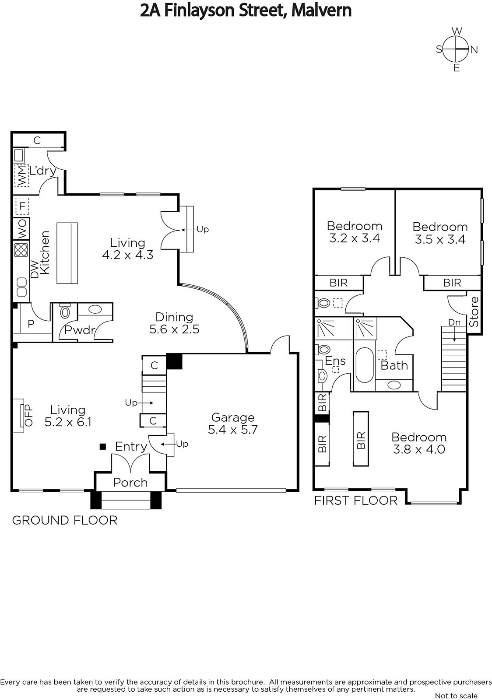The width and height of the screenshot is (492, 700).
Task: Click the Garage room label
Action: [x=233, y=417]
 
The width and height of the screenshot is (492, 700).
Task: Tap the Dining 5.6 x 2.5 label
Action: [x=174, y=323]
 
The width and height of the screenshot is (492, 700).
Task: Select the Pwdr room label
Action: [x=79, y=330]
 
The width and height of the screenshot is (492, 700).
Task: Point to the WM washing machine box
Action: [x=21, y=175]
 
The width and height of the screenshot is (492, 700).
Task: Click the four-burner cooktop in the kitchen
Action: [x=21, y=250]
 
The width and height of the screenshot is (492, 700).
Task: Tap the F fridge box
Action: [x=22, y=206]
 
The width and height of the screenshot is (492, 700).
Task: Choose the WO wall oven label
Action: [x=22, y=229]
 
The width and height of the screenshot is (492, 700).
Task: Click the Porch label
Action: [x=130, y=483]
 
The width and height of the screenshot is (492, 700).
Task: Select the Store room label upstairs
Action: [x=474, y=312]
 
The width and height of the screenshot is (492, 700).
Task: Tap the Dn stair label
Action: [x=454, y=322]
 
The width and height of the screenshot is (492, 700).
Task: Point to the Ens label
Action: [x=335, y=361]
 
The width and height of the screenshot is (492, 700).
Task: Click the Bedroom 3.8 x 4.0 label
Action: [x=419, y=443]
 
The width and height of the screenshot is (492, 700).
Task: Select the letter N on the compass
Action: [x=474, y=50]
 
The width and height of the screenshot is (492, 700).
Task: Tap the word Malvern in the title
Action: [x=322, y=10]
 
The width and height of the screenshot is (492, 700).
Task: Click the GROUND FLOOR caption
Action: [x=65, y=520]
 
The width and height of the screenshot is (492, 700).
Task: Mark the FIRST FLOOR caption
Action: [x=356, y=500]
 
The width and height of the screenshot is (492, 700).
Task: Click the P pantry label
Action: [x=31, y=324]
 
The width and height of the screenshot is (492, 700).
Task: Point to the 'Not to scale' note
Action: [x=456, y=696]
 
